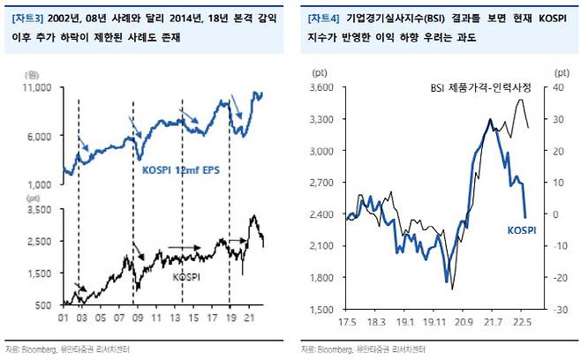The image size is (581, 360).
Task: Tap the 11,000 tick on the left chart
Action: pyautogui.click(x=39, y=87)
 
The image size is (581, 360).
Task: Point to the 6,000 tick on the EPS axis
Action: pyautogui.click(x=42, y=135)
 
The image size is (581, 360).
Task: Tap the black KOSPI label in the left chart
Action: pyautogui.click(x=185, y=276)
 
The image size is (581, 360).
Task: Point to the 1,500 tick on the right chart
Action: pyautogui.click(x=321, y=310)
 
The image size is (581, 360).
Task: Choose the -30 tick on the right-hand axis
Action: pyautogui.click(x=561, y=310)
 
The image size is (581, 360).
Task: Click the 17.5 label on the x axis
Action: pyautogui.click(x=345, y=323)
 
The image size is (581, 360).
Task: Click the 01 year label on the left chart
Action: pyautogui.click(x=64, y=318)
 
